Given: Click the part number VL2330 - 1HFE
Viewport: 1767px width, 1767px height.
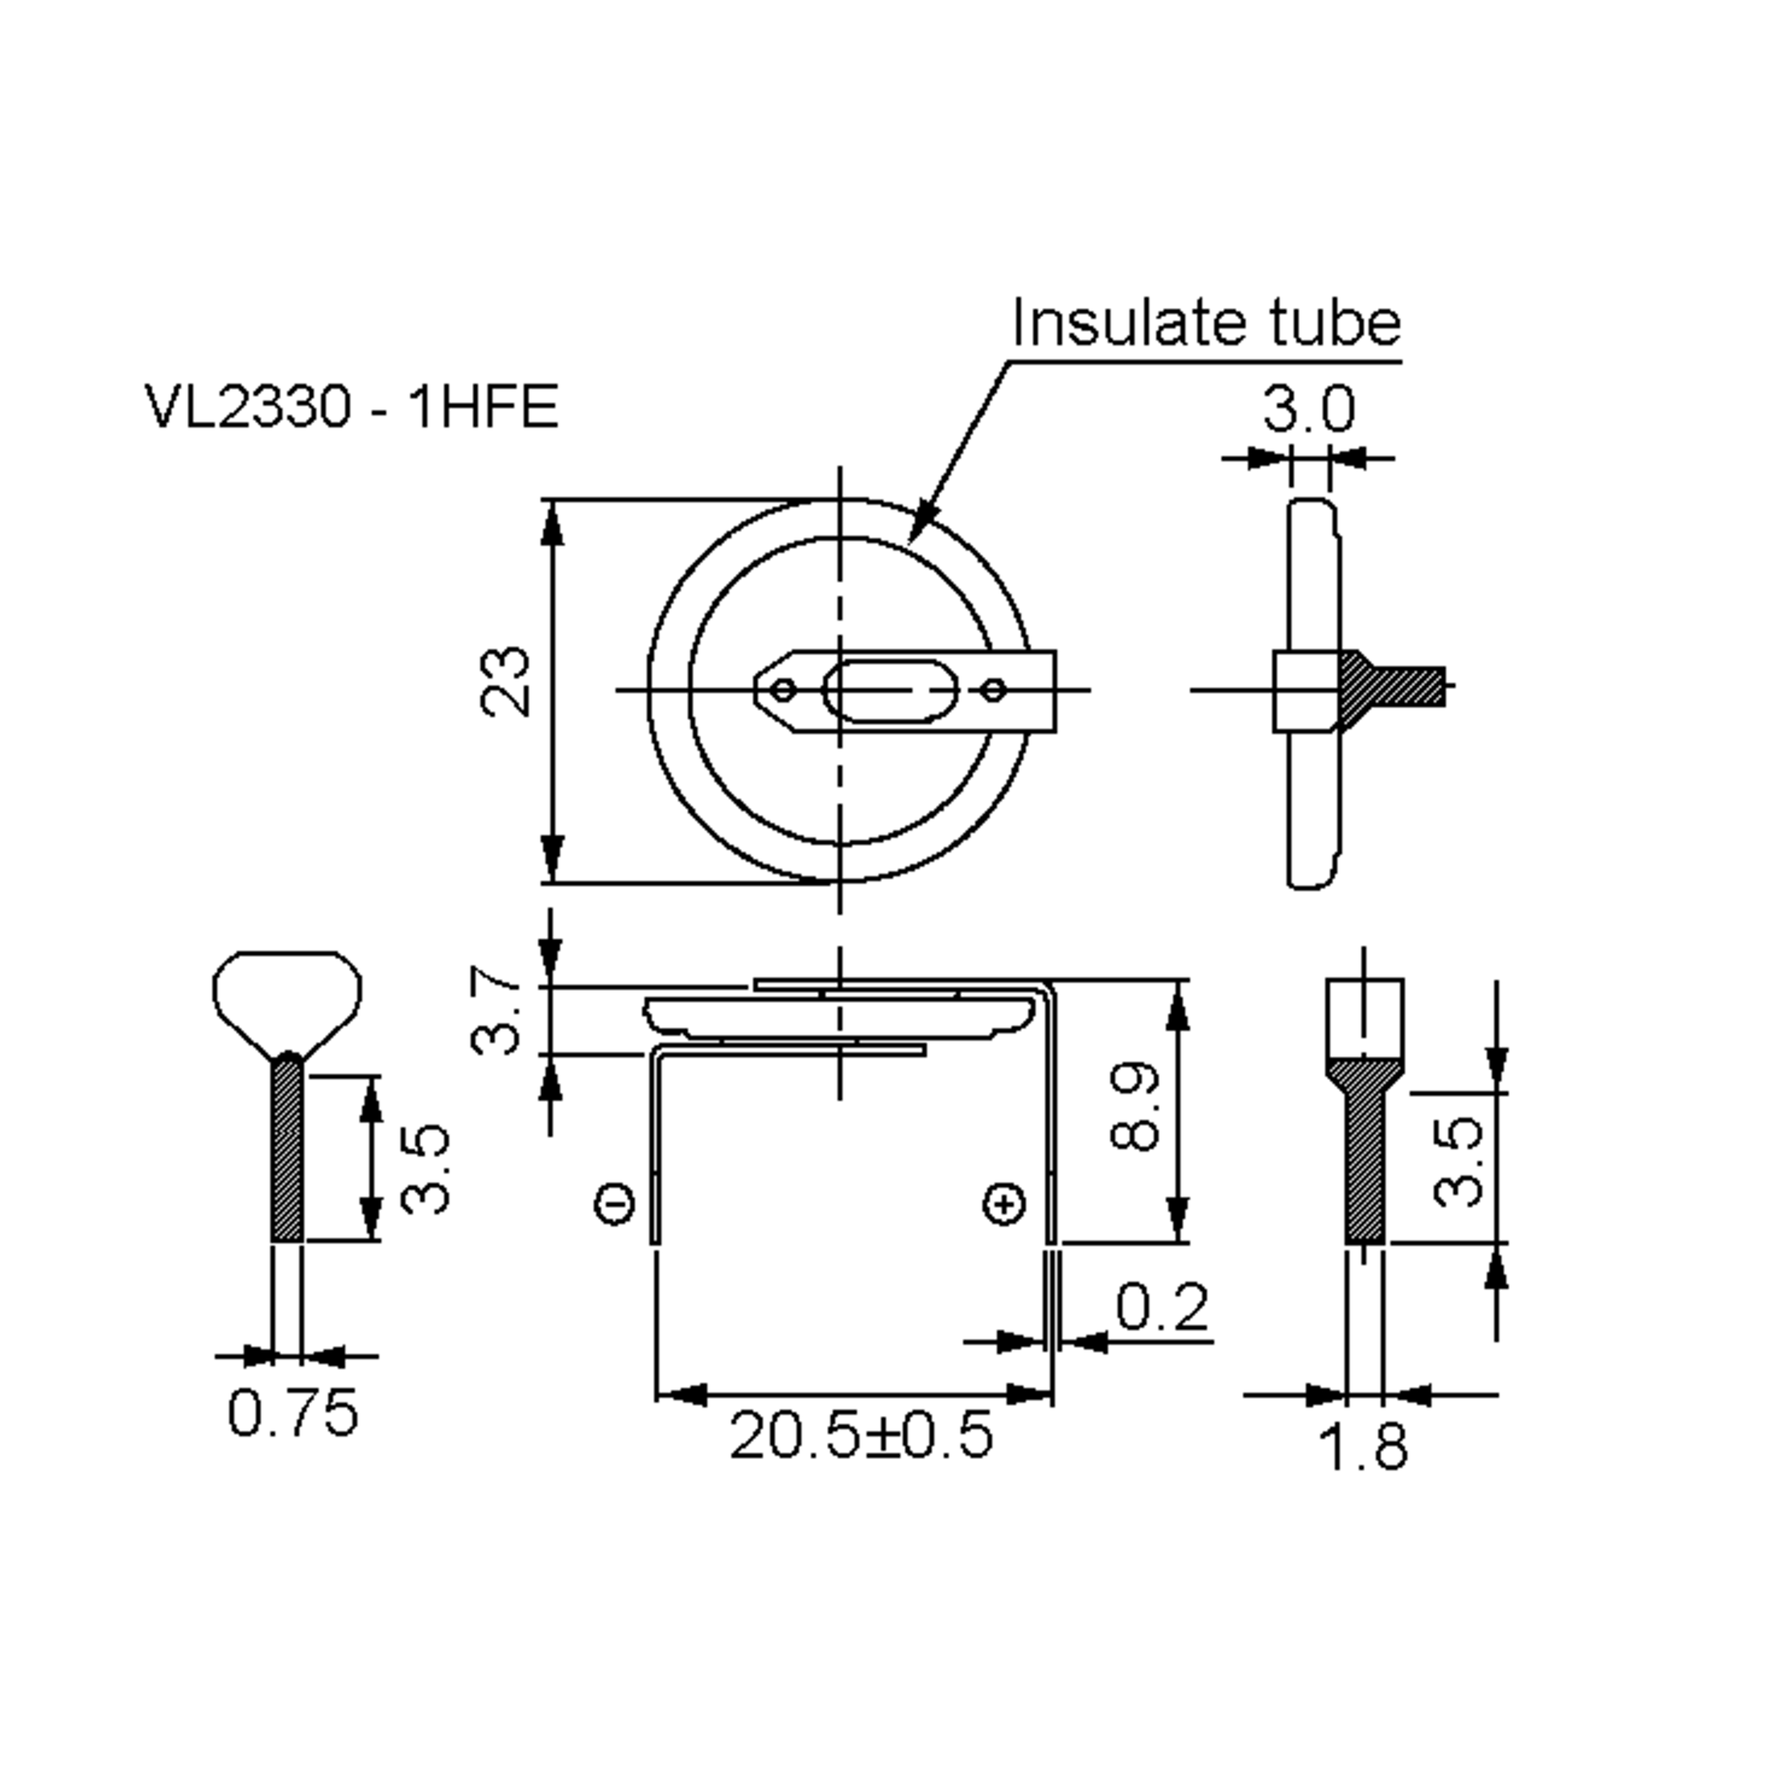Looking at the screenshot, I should point(352,406).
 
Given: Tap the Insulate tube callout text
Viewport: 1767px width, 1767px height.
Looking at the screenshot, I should point(1205,324).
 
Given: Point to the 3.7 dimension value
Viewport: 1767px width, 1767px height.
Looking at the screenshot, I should point(495,1013).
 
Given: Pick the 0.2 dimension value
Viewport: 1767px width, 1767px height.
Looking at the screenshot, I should point(1162,1307).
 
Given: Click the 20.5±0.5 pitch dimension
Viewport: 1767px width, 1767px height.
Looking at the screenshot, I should point(861,1435).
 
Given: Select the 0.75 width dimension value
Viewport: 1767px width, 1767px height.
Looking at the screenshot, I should point(293,1412).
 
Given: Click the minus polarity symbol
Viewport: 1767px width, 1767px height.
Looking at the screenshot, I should point(615,1204).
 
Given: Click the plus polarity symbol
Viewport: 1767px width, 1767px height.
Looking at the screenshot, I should point(1004,1204).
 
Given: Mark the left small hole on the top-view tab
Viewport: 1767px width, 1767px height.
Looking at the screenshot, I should point(783,690).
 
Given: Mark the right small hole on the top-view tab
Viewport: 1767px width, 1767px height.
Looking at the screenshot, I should point(994,690).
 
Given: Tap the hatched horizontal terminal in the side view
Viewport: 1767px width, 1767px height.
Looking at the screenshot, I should point(1394,686).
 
